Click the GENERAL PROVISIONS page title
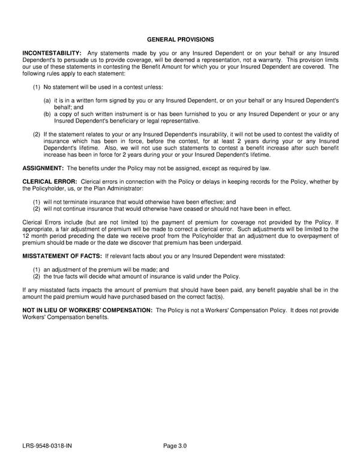pyautogui.click(x=180, y=40)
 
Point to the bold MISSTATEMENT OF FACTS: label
pyautogui.click(x=62, y=256)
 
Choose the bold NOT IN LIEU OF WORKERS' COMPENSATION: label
pyautogui.click(x=88, y=310)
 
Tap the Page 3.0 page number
pyautogui.click(x=175, y=446)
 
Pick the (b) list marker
pyautogui.click(x=47, y=114)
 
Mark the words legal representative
pyautogui.click(x=174, y=121)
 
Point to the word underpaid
pyautogui.click(x=226, y=243)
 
